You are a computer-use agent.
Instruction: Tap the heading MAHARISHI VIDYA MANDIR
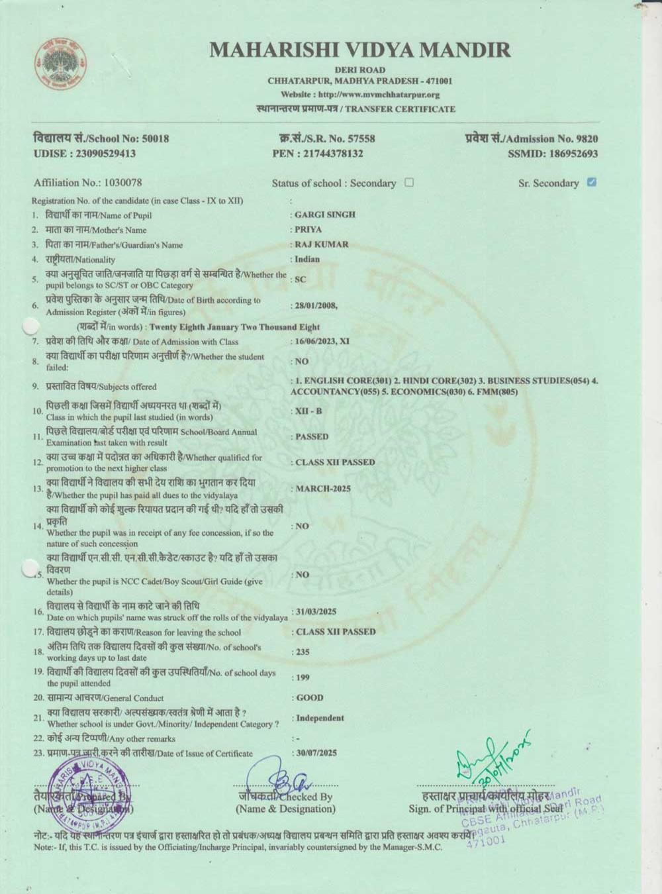(359, 50)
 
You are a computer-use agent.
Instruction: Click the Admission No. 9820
(587, 138)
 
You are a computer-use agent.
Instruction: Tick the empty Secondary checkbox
(409, 183)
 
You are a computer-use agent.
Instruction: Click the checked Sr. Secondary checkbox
(592, 182)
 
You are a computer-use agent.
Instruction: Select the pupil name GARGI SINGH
(325, 215)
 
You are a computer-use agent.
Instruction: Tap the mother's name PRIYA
(308, 229)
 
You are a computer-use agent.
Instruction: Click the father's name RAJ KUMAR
(322, 244)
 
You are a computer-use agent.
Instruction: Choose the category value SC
(301, 279)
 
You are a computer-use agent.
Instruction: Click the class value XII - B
(308, 411)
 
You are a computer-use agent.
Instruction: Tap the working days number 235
(303, 652)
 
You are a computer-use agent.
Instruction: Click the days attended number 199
(303, 677)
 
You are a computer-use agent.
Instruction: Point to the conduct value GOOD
(310, 697)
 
